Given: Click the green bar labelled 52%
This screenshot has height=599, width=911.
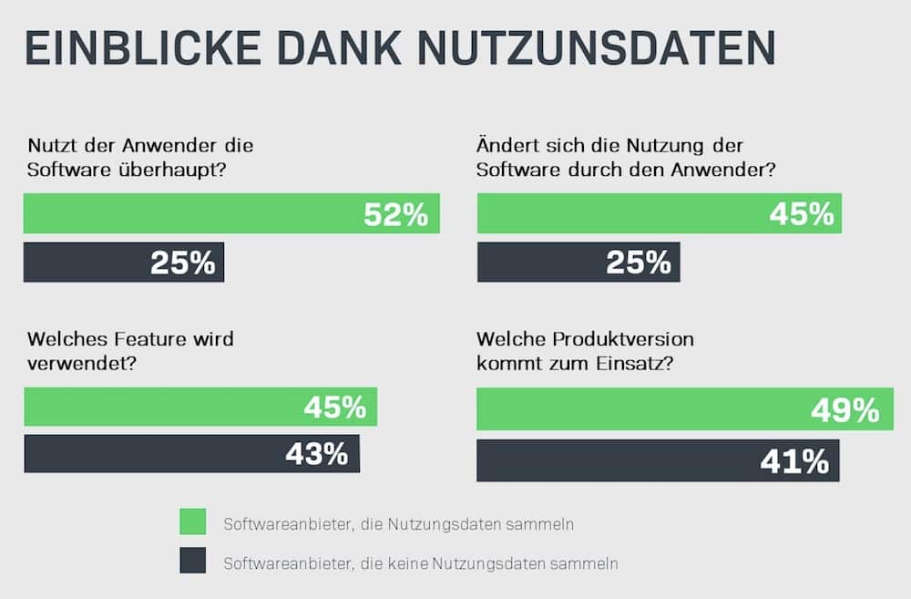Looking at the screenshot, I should point(231,213).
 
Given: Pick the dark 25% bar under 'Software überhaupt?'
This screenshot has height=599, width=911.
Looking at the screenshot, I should point(124,263).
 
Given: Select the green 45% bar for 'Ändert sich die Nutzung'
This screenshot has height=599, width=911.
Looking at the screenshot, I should point(659,213).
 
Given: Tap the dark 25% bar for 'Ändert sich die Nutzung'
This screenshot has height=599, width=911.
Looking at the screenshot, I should point(578,263).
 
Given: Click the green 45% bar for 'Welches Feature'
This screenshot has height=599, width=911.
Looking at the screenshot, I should point(200,407).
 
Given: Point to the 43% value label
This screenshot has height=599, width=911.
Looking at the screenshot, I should point(316,454).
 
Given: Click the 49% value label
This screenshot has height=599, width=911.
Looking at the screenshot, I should point(844,410).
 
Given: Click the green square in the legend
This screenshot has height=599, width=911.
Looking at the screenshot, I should point(193,522).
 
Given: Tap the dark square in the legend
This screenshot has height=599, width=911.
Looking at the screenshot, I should point(193,562).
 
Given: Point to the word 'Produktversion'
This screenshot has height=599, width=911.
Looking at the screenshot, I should point(619,339).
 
